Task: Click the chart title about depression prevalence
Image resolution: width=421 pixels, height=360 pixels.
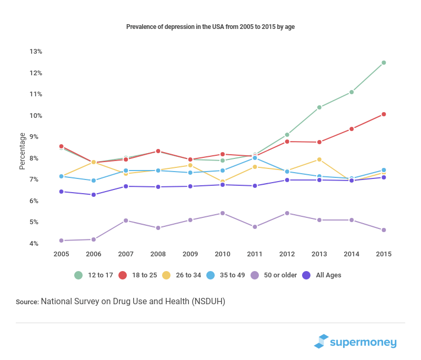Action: click(x=210, y=26)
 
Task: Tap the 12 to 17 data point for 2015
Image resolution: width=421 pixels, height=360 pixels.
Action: click(x=384, y=63)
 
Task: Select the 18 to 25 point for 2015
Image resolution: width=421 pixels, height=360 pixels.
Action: click(x=384, y=114)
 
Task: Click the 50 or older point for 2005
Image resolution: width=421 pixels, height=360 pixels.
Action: click(x=62, y=241)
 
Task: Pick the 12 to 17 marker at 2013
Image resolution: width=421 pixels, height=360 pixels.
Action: click(x=319, y=107)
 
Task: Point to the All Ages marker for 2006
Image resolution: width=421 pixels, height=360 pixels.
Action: click(x=94, y=195)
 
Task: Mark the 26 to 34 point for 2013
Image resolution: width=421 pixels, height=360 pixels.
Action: click(x=319, y=159)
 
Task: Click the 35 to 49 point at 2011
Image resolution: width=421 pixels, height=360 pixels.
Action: click(x=255, y=158)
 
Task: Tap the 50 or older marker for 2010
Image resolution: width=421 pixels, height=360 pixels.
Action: click(x=223, y=213)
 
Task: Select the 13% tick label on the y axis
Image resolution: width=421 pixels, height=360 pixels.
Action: click(x=36, y=52)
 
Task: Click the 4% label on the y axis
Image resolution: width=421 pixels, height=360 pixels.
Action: click(x=36, y=244)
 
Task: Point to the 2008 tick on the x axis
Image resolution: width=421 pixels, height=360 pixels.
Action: click(x=158, y=254)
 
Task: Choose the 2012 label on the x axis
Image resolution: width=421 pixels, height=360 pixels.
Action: click(x=287, y=254)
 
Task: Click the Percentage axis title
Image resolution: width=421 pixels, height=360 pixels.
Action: click(x=22, y=151)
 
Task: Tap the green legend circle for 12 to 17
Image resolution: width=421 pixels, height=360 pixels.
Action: click(x=78, y=275)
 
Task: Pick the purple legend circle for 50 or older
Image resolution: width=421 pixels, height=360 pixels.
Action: click(x=255, y=275)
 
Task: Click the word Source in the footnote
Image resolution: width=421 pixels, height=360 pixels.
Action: click(x=27, y=302)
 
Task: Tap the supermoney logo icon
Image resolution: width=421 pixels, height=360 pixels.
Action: click(x=321, y=341)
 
